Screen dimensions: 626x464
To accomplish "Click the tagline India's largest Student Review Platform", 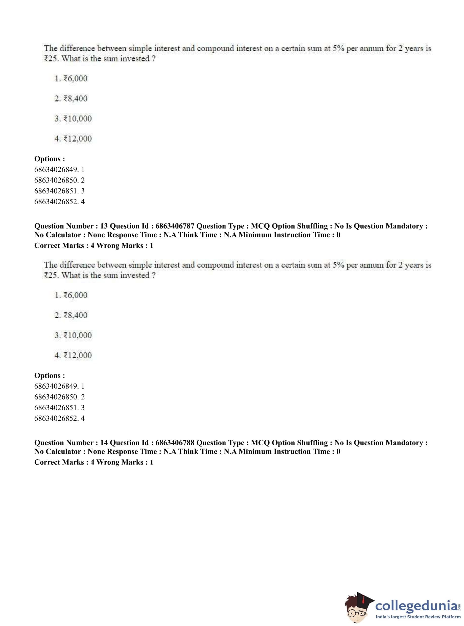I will click(x=418, y=617).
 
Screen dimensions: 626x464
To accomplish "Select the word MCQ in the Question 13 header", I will click(x=260, y=226).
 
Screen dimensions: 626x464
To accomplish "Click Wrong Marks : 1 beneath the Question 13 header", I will click(x=125, y=245).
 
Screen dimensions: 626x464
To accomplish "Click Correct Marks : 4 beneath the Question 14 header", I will click(x=64, y=462).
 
